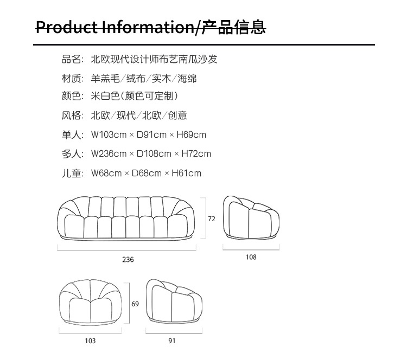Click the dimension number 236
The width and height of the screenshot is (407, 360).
[128, 260]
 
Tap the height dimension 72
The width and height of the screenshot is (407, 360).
[212, 219]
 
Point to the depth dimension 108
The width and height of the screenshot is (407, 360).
[251, 257]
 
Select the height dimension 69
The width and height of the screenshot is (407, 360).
[135, 304]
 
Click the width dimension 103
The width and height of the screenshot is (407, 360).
[90, 341]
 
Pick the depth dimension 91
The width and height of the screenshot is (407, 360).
[172, 341]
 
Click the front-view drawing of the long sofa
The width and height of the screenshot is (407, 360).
[128, 218]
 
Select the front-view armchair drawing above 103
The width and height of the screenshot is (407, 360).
[91, 303]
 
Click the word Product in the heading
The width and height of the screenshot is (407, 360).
[67, 27]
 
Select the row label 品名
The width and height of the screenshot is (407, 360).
[72, 59]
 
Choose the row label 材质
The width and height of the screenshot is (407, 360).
[72, 79]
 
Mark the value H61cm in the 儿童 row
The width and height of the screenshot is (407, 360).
[186, 173]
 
